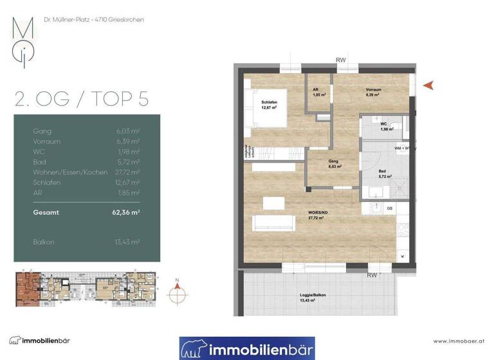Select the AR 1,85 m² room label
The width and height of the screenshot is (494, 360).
[318, 92]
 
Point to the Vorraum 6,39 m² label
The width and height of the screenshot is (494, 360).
[372, 92]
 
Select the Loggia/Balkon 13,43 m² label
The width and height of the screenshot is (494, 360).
[313, 298]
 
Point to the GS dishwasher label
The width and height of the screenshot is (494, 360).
[390, 209]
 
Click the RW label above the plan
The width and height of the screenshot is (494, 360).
[341, 60]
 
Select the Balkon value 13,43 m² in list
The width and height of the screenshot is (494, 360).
[128, 242]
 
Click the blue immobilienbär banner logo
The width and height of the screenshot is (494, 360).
[246, 348]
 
